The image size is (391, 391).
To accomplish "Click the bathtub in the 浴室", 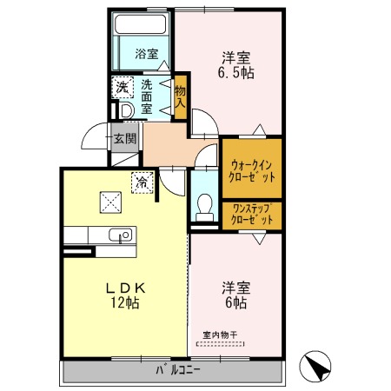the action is pos(140,24).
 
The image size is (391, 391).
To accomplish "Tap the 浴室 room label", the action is pos(147,54).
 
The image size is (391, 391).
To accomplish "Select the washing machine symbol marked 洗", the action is pos(123,88).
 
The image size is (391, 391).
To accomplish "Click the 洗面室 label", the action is pos(147,96).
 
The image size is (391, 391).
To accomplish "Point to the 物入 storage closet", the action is pos(180,97).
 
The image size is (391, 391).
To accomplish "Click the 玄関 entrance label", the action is pos(125,138).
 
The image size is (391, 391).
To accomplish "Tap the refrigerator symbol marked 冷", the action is pos(142,182).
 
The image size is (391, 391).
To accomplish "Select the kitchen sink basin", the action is pos(121,235).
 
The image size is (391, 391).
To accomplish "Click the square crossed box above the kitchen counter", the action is pos(110,202).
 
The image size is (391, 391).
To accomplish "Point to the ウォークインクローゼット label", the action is pos(252,171).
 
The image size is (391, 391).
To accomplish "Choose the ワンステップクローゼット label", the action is pos(252,215).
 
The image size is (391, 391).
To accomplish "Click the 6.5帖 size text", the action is pos(235,73).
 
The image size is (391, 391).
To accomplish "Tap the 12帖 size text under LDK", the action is pos(125,302).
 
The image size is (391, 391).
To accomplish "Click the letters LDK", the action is pos(125,288).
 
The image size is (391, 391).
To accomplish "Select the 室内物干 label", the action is pos(220,335).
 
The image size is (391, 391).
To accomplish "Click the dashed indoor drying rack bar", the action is pos(220,344).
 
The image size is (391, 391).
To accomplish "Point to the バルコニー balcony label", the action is pos(178,370).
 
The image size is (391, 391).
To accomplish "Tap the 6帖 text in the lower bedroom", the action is pos(235,302).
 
